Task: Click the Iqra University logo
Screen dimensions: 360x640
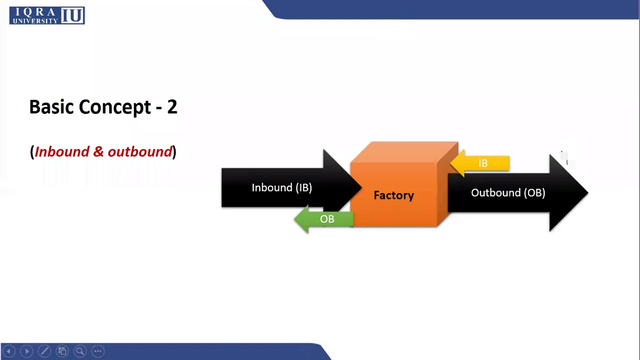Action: coord(47,15)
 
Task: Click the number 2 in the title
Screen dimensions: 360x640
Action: coord(172,107)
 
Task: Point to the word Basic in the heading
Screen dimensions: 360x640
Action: coord(51,107)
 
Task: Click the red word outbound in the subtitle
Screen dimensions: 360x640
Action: coord(140,152)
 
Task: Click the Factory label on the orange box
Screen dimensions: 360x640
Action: coord(393,195)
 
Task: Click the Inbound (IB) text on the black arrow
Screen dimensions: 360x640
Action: coord(281,187)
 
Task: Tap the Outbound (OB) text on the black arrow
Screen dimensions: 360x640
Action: coord(507,193)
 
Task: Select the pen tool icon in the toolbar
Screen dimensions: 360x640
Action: coord(44,351)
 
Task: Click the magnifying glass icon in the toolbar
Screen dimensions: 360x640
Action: coord(80,351)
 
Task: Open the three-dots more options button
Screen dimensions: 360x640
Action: coord(97,351)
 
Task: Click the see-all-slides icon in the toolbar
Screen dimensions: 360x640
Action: coord(62,351)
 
